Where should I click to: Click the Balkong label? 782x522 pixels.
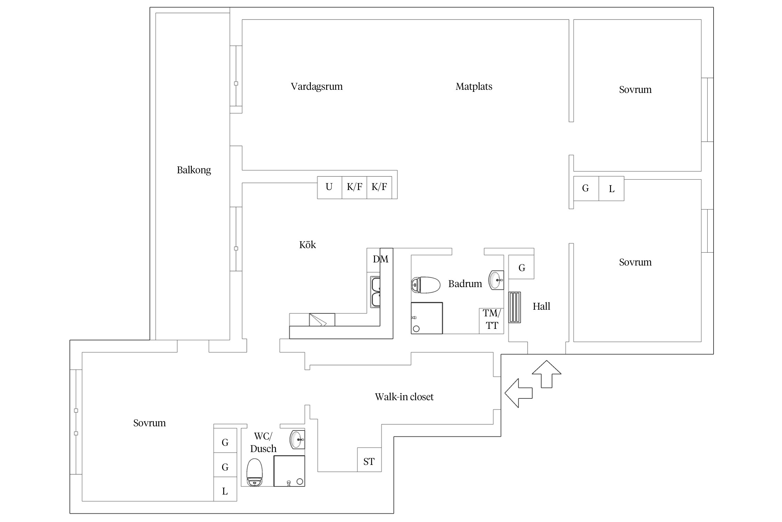[x=194, y=170]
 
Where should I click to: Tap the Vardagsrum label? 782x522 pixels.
[x=317, y=86]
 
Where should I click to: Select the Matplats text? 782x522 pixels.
[x=474, y=86]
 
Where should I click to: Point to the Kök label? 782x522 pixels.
[x=308, y=245]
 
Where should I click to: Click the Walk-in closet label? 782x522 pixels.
[x=404, y=397]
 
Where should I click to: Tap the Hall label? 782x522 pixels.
[x=541, y=306]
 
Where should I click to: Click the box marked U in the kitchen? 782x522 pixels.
[x=329, y=188]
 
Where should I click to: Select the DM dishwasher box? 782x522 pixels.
[x=374, y=260]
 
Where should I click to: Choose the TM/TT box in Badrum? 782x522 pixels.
[x=491, y=321]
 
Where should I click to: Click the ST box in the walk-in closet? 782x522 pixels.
[x=369, y=460]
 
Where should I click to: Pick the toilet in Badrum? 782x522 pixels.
[x=426, y=285]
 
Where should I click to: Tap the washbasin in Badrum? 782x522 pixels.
[x=496, y=280]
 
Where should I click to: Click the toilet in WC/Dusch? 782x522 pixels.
[x=254, y=473]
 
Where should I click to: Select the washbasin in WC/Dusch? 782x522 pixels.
[x=297, y=440]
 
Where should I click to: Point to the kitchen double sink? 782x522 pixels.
[x=375, y=292]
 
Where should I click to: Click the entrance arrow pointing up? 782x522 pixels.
[x=547, y=374]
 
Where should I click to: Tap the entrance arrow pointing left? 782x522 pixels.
[x=519, y=393]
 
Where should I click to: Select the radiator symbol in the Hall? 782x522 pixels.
[x=515, y=308]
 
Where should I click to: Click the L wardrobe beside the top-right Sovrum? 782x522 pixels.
[x=611, y=189]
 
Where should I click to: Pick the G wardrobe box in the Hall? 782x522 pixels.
[x=521, y=267]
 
